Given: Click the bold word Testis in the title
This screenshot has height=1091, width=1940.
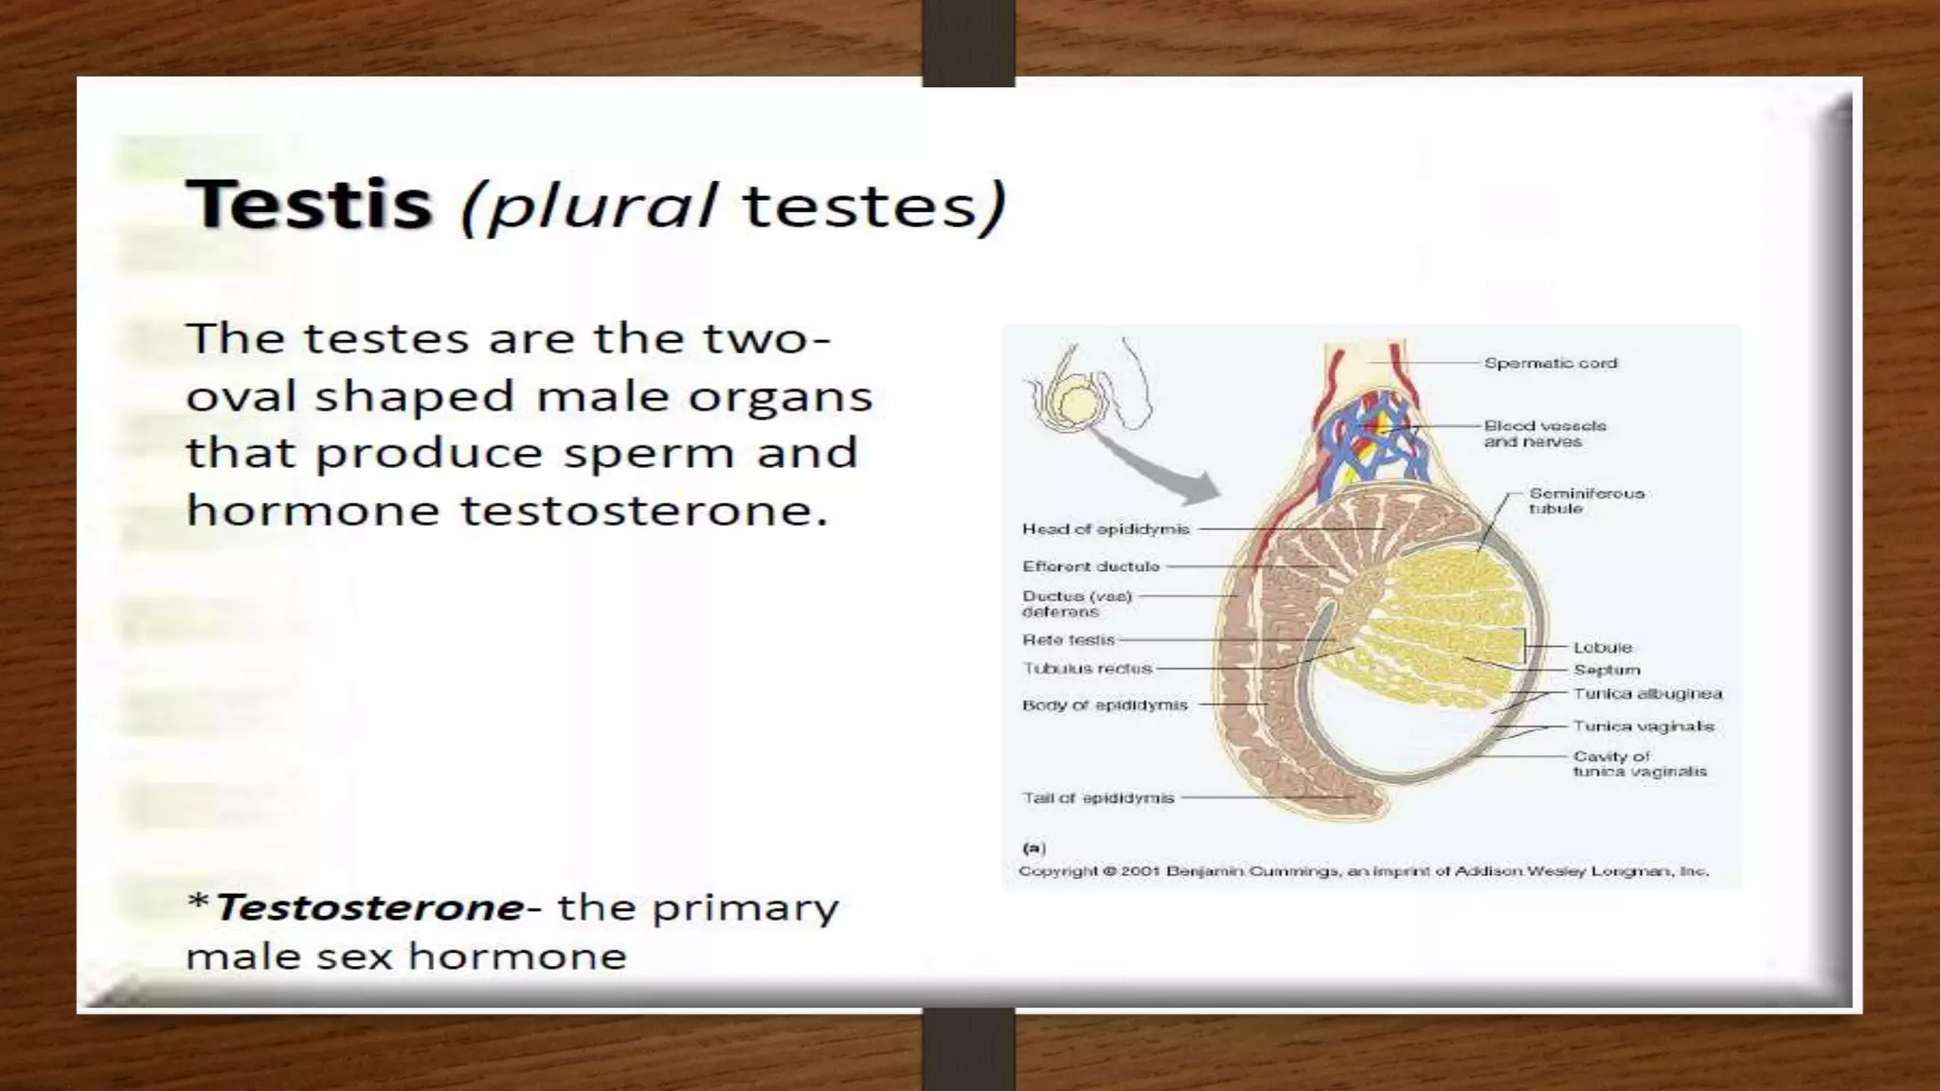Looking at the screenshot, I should pos(309,205).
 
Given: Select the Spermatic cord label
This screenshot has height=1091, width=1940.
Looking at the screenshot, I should pos(1550,363).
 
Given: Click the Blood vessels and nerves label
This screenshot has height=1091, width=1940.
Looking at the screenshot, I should pos(1544,434).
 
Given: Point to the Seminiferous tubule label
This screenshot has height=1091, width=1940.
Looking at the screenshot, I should pos(1586,500).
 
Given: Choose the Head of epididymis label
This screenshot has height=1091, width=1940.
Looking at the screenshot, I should pos(1105,528).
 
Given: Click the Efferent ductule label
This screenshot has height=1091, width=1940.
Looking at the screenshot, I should pos(1090,566).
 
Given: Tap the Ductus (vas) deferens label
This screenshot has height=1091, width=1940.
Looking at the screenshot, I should pos(1076,603).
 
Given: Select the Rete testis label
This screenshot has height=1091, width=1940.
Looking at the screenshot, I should pos(1069,640).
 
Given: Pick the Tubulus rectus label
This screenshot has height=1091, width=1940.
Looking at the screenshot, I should pos(1087,669).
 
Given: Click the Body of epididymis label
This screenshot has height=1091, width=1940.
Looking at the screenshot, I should pos(1105,705).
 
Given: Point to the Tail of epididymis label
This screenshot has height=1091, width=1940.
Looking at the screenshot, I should pos(1098,797).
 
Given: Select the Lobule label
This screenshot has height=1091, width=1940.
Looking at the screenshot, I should pos(1603,648).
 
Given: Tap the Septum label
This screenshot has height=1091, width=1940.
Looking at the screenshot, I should pos(1607,670).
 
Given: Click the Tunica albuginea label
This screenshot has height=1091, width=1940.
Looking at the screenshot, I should pos(1647,693).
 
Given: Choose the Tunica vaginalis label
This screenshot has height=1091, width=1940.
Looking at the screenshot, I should pos(1644,726).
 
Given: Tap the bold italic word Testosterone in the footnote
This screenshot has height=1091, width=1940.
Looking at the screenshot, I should pos(369,907).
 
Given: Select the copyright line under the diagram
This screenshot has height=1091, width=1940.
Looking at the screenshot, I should pos(1363,870).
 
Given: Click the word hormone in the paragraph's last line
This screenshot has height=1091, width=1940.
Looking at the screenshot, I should pos(313,510).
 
